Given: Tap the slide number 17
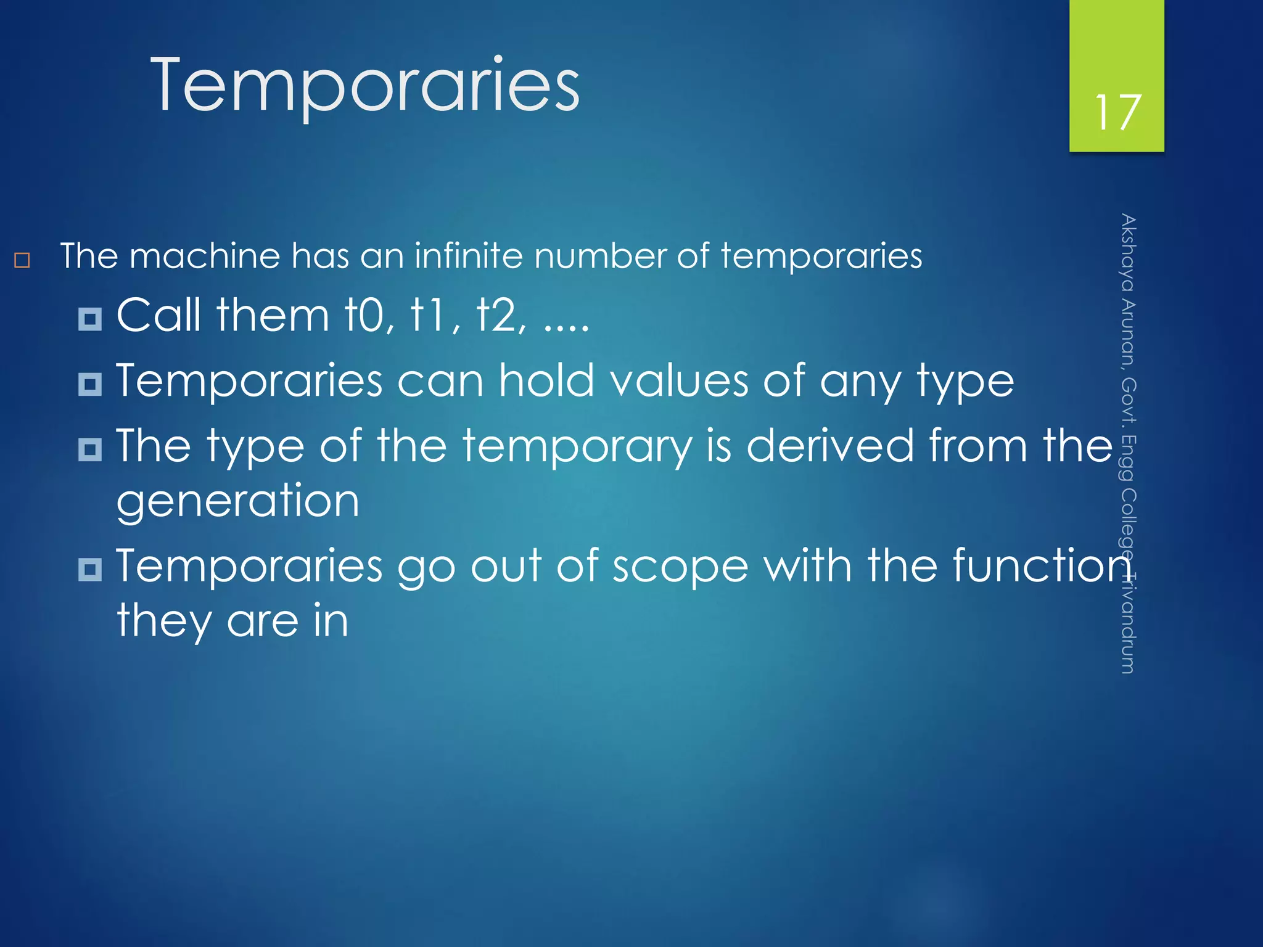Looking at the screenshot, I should [1117, 113].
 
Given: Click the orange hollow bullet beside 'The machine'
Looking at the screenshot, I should [22, 260].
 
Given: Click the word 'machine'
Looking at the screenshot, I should [205, 256].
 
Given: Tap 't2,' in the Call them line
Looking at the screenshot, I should [501, 316].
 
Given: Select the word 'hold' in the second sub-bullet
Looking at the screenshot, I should [546, 380].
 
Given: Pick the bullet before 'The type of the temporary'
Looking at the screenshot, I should [90, 449].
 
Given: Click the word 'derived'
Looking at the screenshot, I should [829, 445].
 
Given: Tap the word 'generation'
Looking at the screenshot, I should [237, 501].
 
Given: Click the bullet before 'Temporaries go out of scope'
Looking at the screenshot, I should [90, 569].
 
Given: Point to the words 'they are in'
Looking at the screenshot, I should [232, 620].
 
